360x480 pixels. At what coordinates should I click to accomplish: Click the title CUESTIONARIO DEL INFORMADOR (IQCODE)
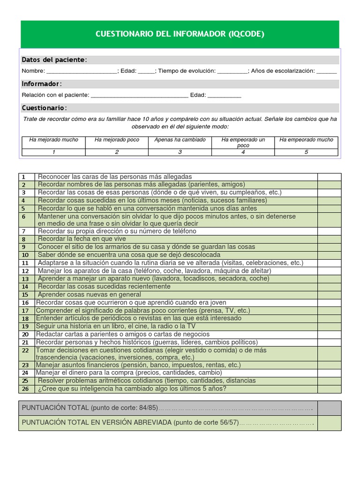pyautogui.click(x=180, y=34)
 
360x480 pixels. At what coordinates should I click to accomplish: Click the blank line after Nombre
pyautogui.click(x=82, y=72)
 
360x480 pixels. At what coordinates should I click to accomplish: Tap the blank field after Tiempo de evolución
pyautogui.click(x=232, y=72)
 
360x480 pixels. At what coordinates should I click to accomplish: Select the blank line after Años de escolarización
pyautogui.click(x=326, y=72)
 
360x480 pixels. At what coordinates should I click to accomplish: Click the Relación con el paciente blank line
pyautogui.click(x=140, y=96)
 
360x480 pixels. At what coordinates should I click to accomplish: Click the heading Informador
pyautogui.click(x=41, y=84)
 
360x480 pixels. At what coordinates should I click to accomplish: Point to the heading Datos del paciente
pyautogui.click(x=54, y=60)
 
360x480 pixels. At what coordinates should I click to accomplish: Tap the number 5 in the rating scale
pyautogui.click(x=306, y=152)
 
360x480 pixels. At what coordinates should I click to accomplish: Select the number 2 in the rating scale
pyautogui.click(x=117, y=152)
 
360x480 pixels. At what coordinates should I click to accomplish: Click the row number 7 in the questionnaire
pyautogui.click(x=25, y=232)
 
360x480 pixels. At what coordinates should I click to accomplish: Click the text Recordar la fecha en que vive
pyautogui.click(x=82, y=239)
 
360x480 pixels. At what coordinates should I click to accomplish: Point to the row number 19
pyautogui.click(x=25, y=326)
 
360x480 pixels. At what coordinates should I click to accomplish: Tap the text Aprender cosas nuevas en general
pyautogui.click(x=89, y=294)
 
